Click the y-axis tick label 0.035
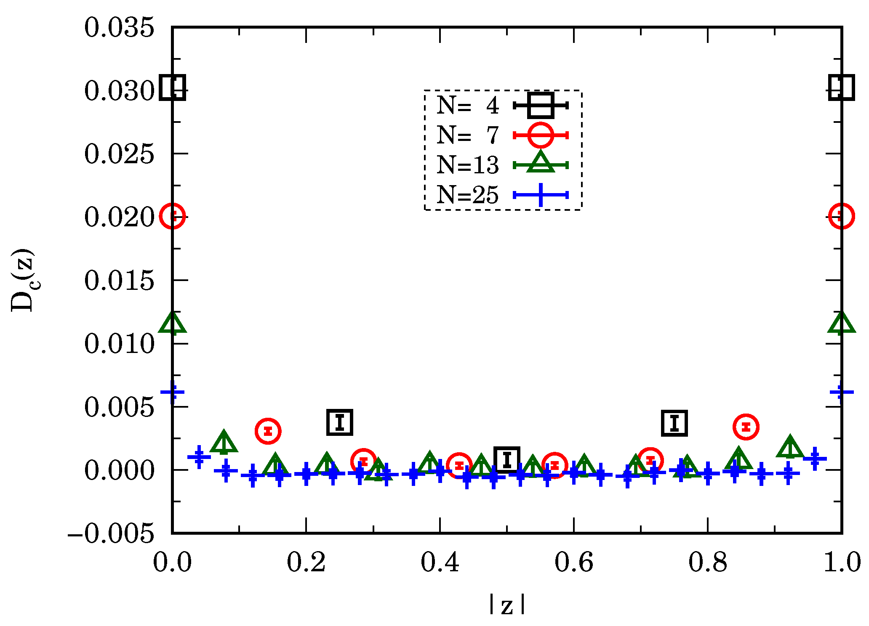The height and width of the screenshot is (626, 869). (x=119, y=28)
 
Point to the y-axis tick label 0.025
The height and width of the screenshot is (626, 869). (x=119, y=154)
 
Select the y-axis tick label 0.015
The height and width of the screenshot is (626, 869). (x=119, y=281)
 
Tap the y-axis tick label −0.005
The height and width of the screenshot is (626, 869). (x=111, y=534)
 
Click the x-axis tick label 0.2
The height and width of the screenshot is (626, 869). (x=306, y=562)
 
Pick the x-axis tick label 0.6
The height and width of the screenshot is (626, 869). (x=573, y=562)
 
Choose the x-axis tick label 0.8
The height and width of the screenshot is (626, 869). (x=708, y=562)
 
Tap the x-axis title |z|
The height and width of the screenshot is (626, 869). (x=507, y=605)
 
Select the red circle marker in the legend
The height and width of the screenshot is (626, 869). (x=541, y=135)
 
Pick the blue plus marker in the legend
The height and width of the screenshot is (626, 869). (x=541, y=195)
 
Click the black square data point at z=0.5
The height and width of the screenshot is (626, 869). (x=507, y=459)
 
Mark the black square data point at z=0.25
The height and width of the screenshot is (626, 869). (x=340, y=422)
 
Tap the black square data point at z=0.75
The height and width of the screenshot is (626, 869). (x=674, y=423)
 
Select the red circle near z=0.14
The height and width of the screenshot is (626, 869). (x=268, y=431)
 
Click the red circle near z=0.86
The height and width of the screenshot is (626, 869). (x=746, y=427)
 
